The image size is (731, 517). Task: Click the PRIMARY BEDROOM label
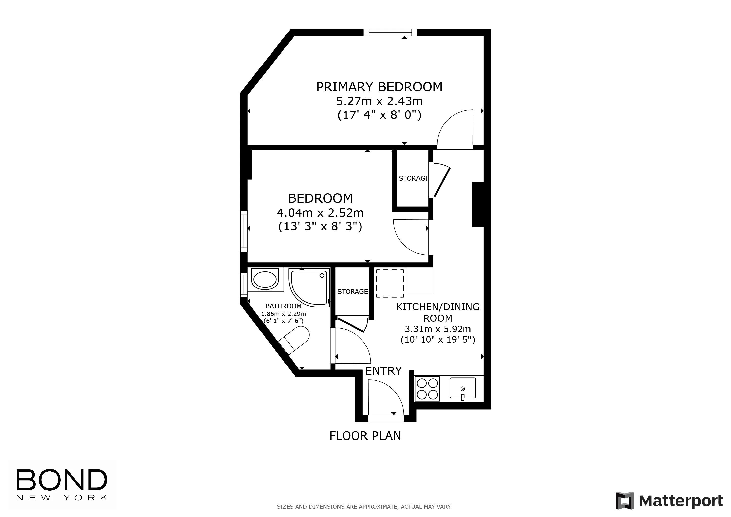pyautogui.click(x=379, y=87)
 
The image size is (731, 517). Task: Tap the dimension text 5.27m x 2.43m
pyautogui.click(x=379, y=101)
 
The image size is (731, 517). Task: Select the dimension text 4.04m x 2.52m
pyautogui.click(x=320, y=212)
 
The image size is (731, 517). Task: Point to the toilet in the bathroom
pyautogui.click(x=295, y=341)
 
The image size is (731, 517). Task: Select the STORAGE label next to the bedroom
pyautogui.click(x=413, y=178)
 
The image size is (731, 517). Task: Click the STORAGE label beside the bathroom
pyautogui.click(x=352, y=292)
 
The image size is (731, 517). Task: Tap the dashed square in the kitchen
pyautogui.click(x=390, y=283)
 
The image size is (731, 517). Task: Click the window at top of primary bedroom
pyautogui.click(x=390, y=32)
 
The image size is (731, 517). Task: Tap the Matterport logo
pyautogui.click(x=669, y=501)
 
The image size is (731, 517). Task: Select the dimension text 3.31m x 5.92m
pyautogui.click(x=437, y=329)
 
